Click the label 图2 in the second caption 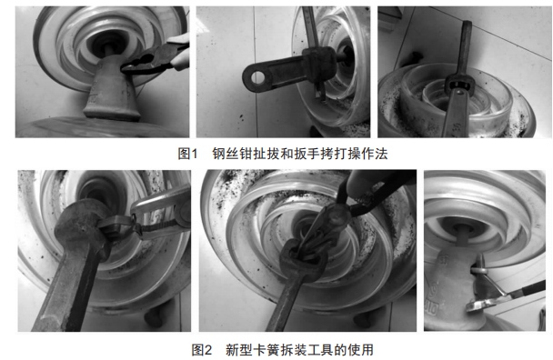click(x=202, y=348)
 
